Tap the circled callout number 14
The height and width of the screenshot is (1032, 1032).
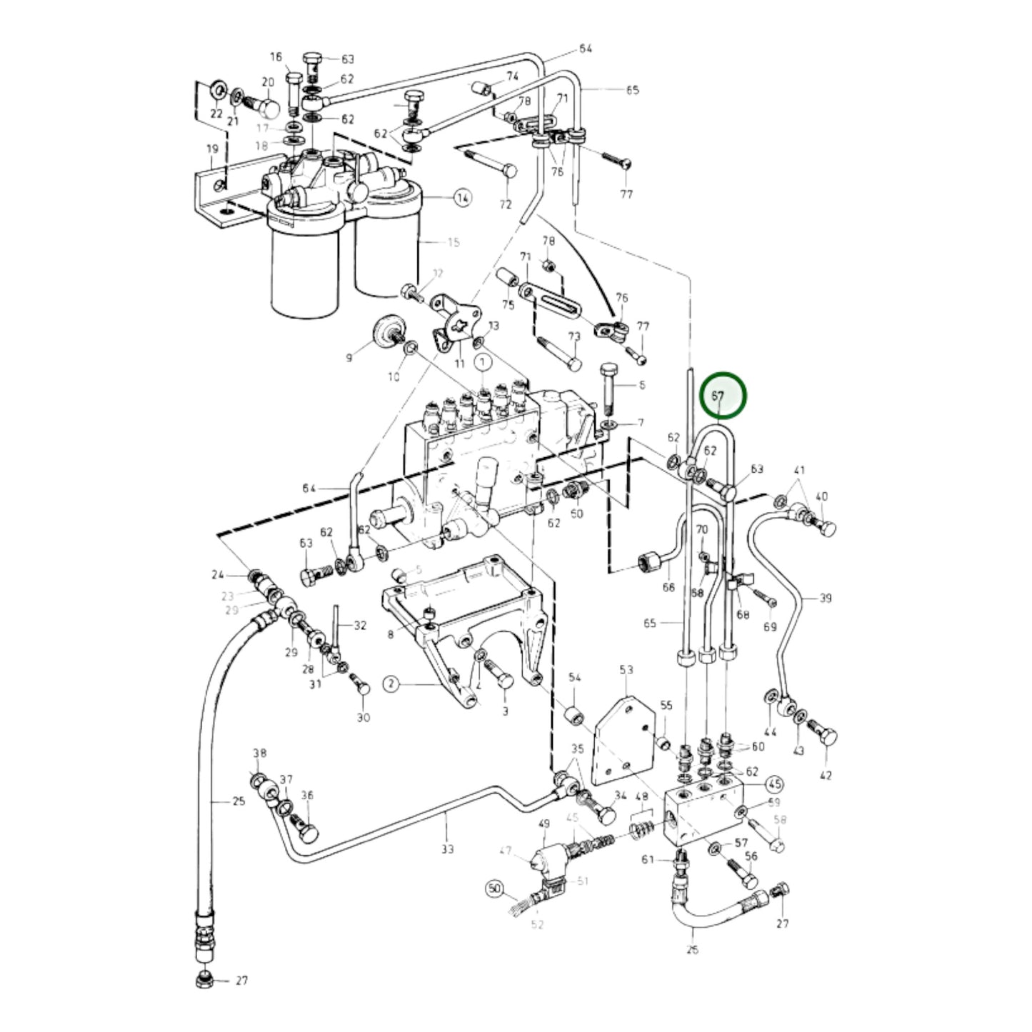pyautogui.click(x=463, y=198)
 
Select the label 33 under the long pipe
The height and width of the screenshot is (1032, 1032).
pyautogui.click(x=447, y=849)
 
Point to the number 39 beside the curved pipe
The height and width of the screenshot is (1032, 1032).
pyautogui.click(x=825, y=598)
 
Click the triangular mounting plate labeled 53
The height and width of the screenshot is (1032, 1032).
pyautogui.click(x=620, y=743)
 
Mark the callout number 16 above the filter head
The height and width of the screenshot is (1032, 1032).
pyautogui.click(x=276, y=57)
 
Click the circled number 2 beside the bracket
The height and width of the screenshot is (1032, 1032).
pyautogui.click(x=391, y=684)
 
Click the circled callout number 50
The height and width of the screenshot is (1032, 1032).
pyautogui.click(x=494, y=889)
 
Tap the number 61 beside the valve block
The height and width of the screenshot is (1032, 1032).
pyautogui.click(x=647, y=859)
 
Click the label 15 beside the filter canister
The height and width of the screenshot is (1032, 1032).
pyautogui.click(x=453, y=243)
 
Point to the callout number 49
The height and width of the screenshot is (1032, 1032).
pyautogui.click(x=544, y=824)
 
